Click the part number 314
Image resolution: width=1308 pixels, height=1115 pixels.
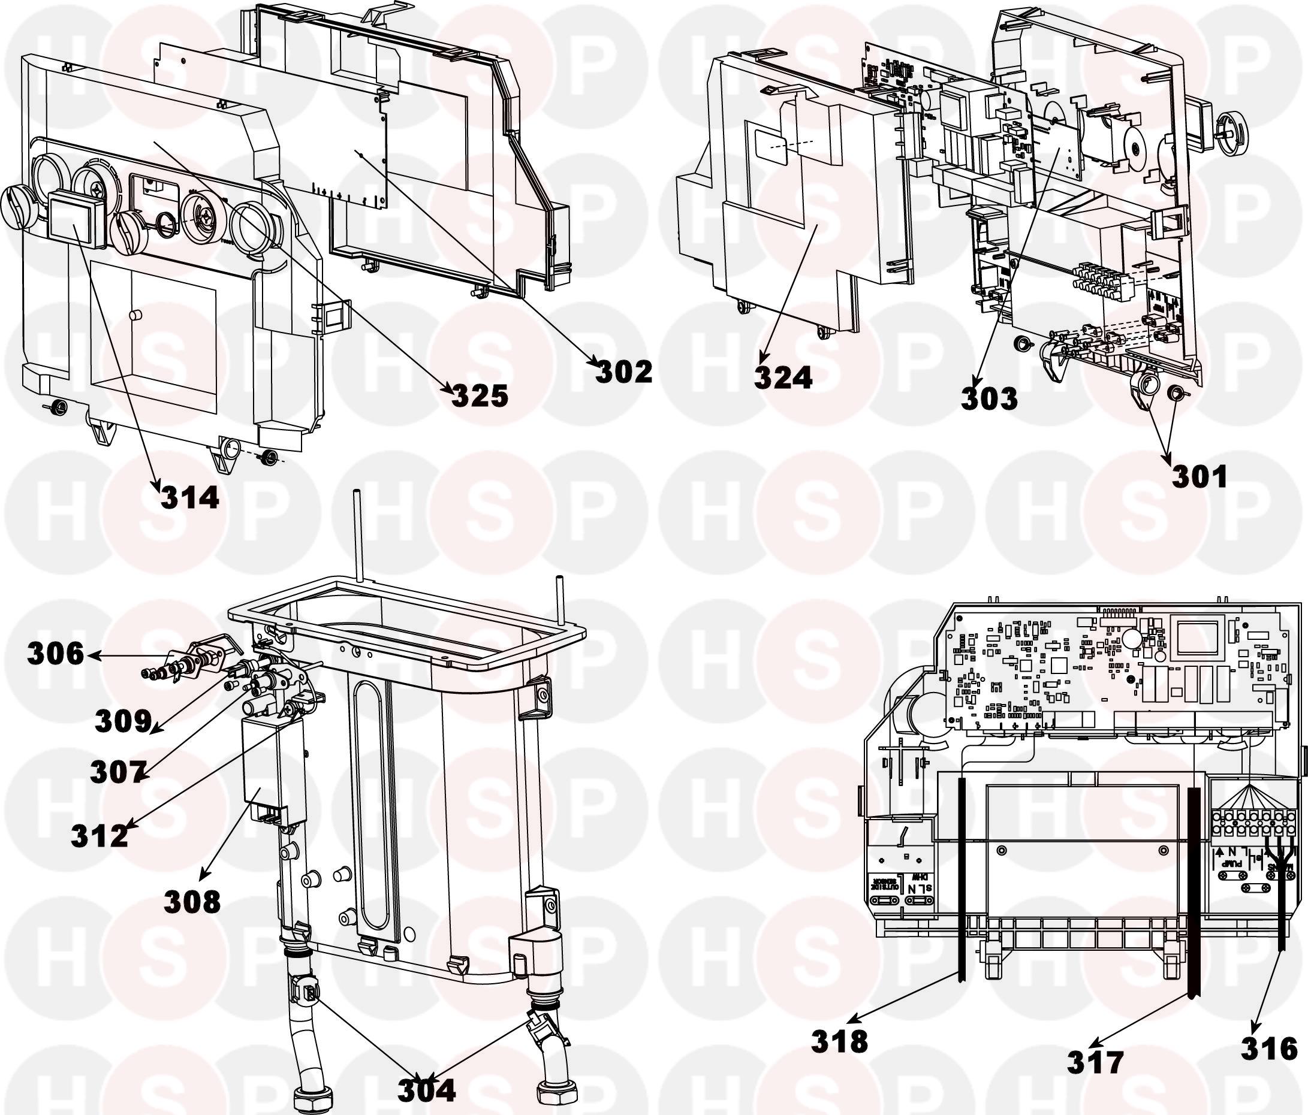pyautogui.click(x=189, y=498)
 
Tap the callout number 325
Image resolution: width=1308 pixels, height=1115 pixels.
pyautogui.click(x=480, y=396)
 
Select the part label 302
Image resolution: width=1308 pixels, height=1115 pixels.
pyautogui.click(x=623, y=372)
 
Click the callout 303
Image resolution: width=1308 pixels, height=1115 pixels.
pyautogui.click(x=989, y=399)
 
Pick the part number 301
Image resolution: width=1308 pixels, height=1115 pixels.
pyautogui.click(x=1199, y=476)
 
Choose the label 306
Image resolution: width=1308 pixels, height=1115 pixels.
pyautogui.click(x=55, y=654)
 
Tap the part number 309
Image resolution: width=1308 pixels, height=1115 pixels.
pyautogui.click(x=123, y=721)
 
